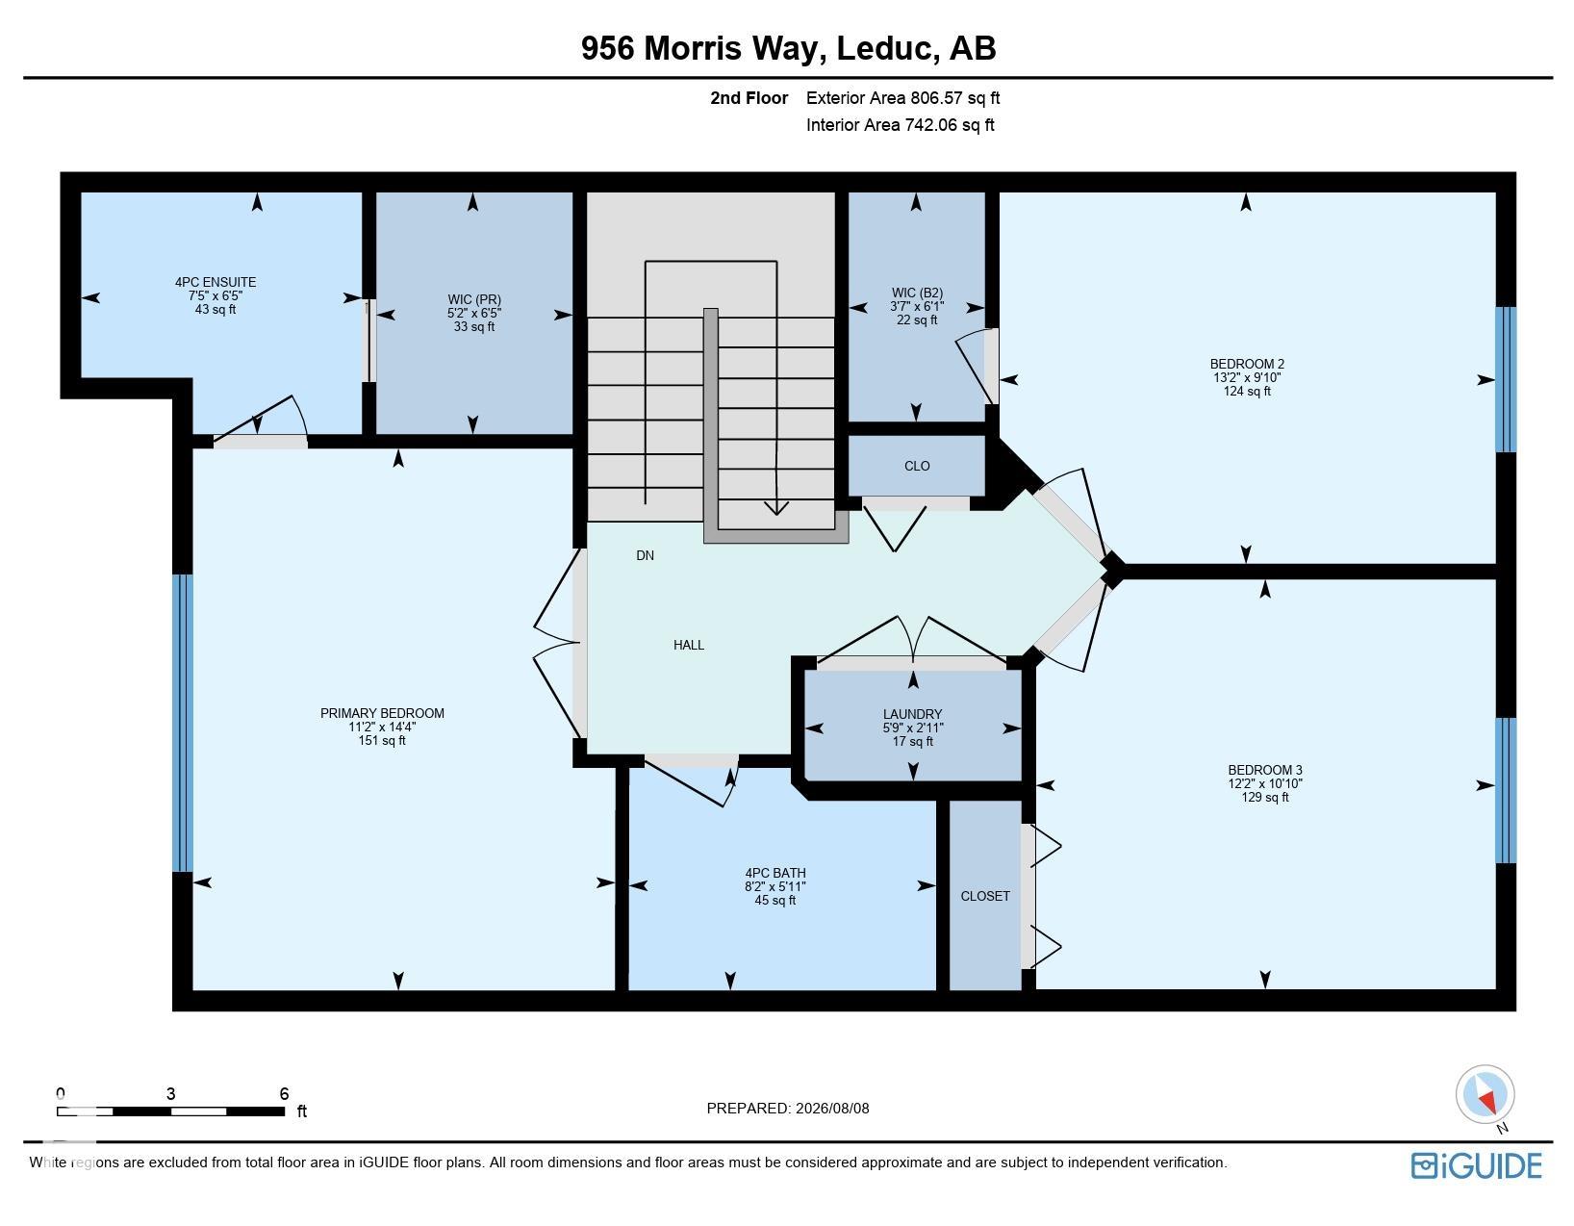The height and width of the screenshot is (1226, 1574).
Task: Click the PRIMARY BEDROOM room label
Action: [x=382, y=713]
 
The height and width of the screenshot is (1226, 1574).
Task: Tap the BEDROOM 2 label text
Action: [x=1247, y=365]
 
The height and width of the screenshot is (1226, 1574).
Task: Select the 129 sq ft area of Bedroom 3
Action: [x=1265, y=798]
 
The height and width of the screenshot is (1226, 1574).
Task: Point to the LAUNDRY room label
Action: [x=913, y=714]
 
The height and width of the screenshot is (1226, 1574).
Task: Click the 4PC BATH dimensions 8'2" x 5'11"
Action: [x=775, y=886]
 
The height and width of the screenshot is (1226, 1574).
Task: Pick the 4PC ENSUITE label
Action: [x=216, y=282]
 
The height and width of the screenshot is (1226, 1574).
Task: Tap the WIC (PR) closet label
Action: [x=473, y=300]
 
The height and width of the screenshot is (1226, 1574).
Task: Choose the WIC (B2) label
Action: [x=917, y=294]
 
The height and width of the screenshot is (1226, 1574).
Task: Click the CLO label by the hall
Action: [x=917, y=467]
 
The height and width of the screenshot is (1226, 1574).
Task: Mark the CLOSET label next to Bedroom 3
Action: [x=985, y=897]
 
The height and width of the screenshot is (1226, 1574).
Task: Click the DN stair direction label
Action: [x=645, y=555]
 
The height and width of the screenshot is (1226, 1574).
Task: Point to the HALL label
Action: [x=688, y=645]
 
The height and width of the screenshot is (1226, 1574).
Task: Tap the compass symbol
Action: [x=1485, y=1094]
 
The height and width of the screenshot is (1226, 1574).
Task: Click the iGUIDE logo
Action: [x=1476, y=1166]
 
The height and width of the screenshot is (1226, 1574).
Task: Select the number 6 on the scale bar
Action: [x=284, y=1093]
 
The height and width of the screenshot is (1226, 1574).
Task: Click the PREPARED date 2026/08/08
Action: [x=832, y=1108]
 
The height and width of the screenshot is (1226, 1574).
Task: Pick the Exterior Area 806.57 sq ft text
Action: [x=902, y=98]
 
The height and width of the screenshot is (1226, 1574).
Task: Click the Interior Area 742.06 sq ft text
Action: [x=901, y=125]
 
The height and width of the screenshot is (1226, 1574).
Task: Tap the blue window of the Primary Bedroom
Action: [x=183, y=723]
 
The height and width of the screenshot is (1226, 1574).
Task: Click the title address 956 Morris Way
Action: [x=702, y=48]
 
